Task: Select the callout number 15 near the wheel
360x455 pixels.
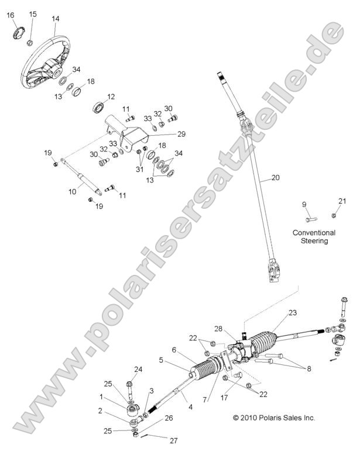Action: coord(33,14)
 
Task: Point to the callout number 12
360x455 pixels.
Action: coord(111,97)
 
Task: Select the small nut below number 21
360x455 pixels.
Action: coord(334,215)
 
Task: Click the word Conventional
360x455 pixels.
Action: coord(314,232)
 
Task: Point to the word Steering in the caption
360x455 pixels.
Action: coord(314,240)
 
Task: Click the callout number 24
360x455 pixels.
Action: coord(139,369)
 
